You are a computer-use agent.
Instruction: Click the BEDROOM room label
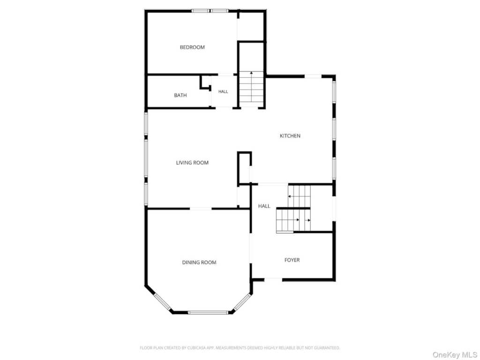click(x=192, y=47)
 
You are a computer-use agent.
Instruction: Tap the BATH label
click(x=180, y=95)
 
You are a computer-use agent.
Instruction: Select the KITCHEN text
click(x=290, y=135)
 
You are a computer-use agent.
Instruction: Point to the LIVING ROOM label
click(x=192, y=163)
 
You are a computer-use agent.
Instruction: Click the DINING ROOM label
click(x=199, y=262)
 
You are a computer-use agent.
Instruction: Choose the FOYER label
click(x=292, y=260)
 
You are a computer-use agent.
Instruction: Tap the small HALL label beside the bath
click(x=223, y=91)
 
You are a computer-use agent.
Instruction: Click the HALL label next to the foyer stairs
click(x=264, y=206)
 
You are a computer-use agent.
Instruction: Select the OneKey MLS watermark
click(x=455, y=355)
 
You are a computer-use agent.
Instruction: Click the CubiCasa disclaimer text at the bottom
click(x=240, y=348)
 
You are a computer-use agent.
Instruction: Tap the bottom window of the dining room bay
click(x=208, y=313)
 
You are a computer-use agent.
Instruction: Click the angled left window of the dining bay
click(x=162, y=301)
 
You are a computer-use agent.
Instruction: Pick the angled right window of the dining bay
click(x=242, y=303)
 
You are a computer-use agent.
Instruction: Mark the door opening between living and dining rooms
click(x=201, y=209)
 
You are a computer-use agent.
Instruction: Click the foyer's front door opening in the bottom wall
click(x=273, y=279)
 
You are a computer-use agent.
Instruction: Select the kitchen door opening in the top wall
click(x=313, y=76)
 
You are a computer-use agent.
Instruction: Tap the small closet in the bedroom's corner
click(x=251, y=26)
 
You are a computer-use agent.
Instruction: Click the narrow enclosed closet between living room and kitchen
click(x=245, y=168)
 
